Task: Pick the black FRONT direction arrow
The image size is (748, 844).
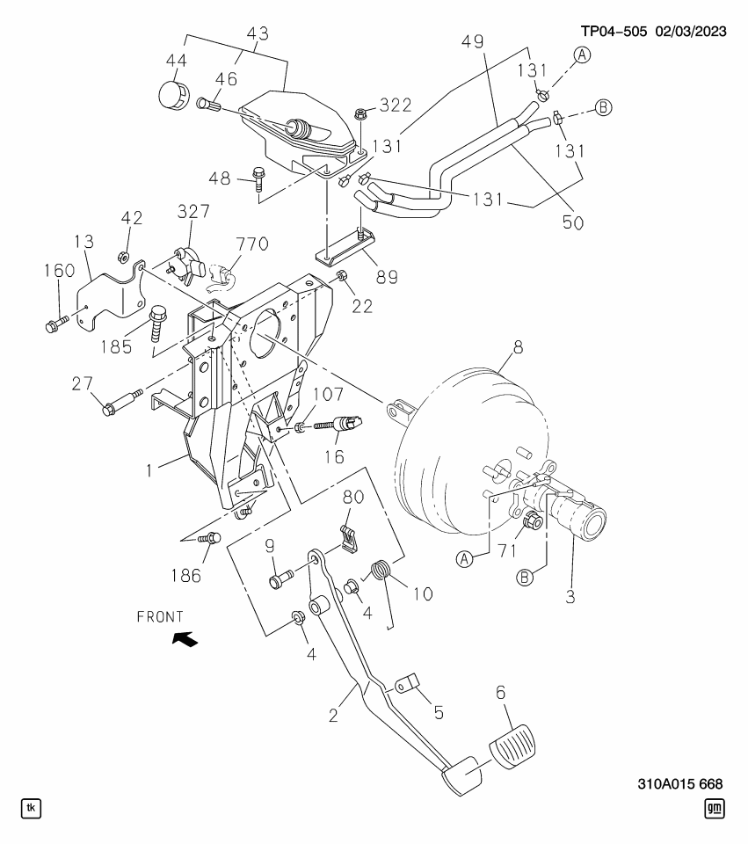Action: [185, 639]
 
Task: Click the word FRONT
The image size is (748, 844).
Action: [160, 617]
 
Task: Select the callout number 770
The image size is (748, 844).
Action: [251, 244]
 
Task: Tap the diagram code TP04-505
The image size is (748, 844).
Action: [614, 33]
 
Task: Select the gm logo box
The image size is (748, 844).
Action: [715, 808]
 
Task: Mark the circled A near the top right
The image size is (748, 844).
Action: [582, 55]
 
